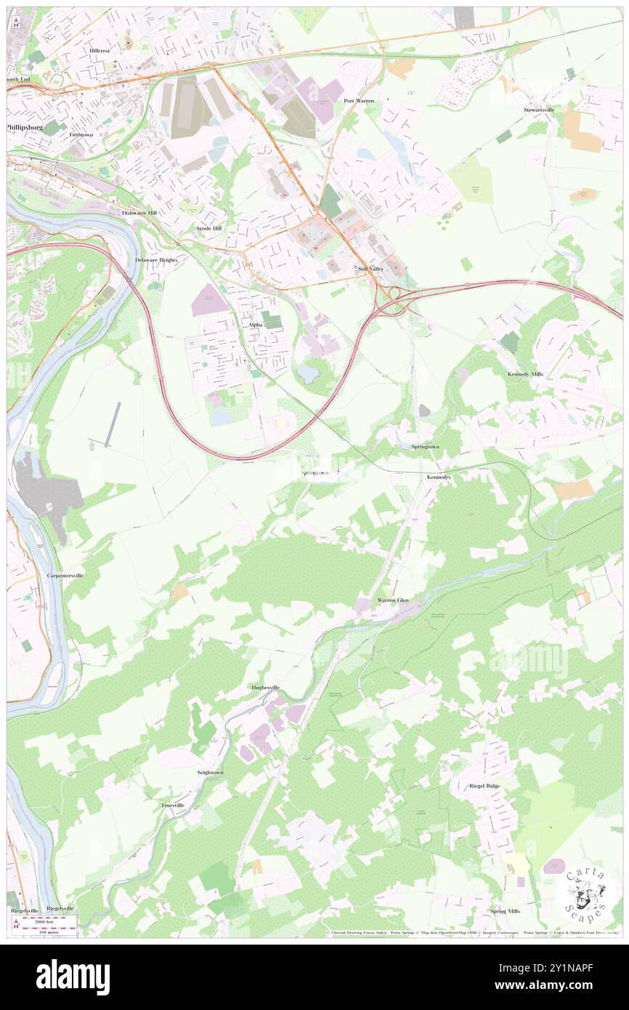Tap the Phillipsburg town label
click(25, 126)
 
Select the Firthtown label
click(81, 135)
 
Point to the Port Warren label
click(359, 100)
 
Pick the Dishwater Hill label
click(139, 213)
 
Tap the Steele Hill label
click(209, 228)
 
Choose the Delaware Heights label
click(156, 259)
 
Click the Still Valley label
click(370, 269)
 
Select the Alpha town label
click(255, 324)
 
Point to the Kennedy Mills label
click(524, 373)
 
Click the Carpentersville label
click(65, 575)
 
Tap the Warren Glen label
click(393, 600)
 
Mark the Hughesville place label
click(266, 687)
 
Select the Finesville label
click(173, 806)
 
